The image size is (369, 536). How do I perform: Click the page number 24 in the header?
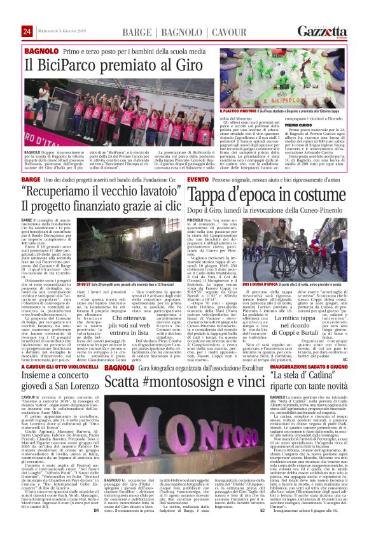(27, 31)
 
